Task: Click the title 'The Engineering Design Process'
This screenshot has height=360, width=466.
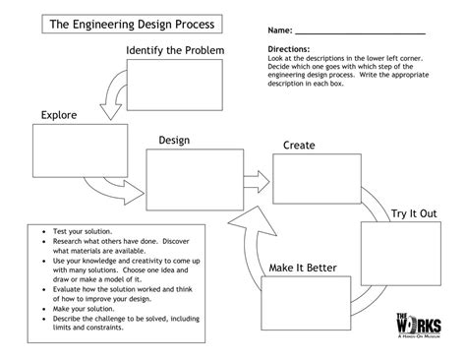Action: [132, 24]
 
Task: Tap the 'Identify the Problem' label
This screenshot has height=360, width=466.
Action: [175, 50]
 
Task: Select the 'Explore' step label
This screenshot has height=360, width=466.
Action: [59, 116]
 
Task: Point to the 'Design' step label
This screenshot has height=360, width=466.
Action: [173, 142]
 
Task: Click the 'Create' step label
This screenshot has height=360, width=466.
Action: [299, 146]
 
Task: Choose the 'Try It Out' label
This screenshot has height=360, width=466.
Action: [414, 213]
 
